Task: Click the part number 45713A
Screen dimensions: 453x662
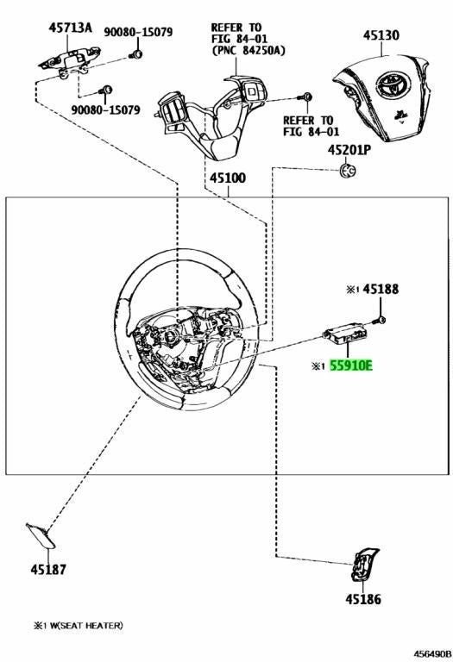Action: pyautogui.click(x=70, y=28)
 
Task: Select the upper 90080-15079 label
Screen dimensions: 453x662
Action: pyautogui.click(x=138, y=32)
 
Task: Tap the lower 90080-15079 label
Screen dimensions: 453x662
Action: pyautogui.click(x=105, y=110)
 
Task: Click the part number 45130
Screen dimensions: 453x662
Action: pyautogui.click(x=381, y=35)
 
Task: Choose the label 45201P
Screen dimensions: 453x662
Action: pyautogui.click(x=349, y=150)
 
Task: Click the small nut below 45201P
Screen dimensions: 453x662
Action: pyautogui.click(x=348, y=170)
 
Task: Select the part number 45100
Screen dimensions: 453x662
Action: pyautogui.click(x=228, y=178)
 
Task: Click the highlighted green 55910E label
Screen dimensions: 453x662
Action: pyautogui.click(x=351, y=365)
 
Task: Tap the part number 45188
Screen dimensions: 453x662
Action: pyautogui.click(x=381, y=290)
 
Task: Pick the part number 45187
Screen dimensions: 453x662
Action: pyautogui.click(x=48, y=570)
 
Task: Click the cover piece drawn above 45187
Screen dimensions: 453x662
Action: pyautogui.click(x=41, y=536)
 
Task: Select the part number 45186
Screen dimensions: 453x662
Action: pyautogui.click(x=363, y=599)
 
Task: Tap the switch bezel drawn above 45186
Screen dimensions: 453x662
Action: pyautogui.click(x=365, y=564)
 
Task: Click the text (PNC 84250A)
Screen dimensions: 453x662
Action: pyautogui.click(x=249, y=51)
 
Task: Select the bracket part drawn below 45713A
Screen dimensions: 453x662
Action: pyautogui.click(x=70, y=60)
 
